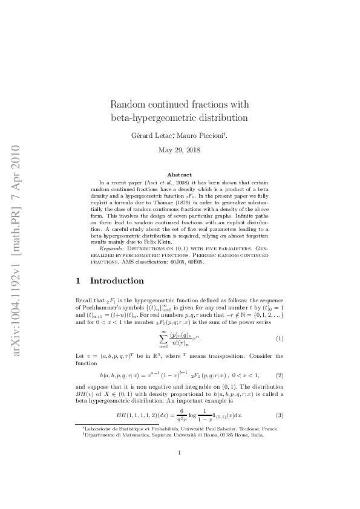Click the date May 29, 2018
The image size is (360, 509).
point(180,149)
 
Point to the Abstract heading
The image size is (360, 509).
point(180,174)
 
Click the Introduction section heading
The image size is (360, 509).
point(117,280)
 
